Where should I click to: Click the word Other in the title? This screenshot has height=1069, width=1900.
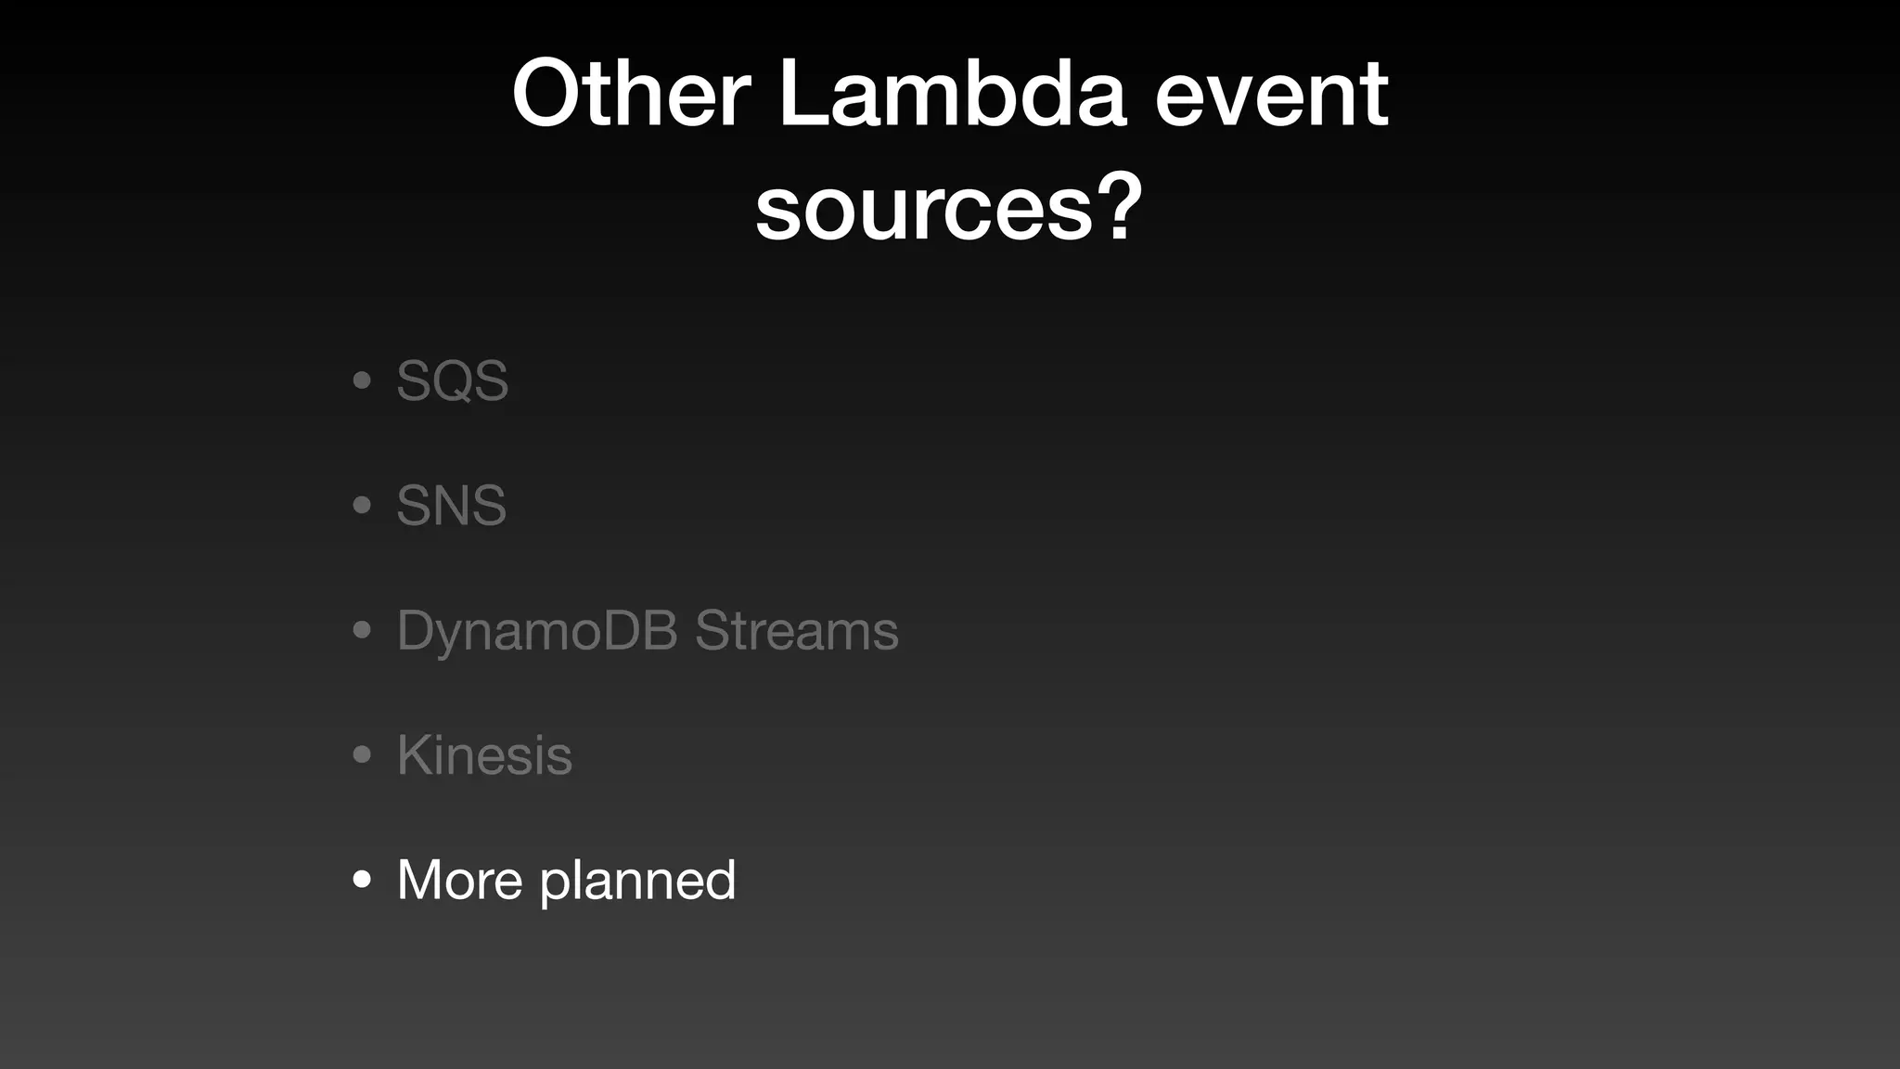pyautogui.click(x=631, y=94)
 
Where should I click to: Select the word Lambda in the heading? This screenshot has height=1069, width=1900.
pyautogui.click(x=952, y=94)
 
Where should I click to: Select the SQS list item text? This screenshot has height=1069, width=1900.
pyautogui.click(x=453, y=380)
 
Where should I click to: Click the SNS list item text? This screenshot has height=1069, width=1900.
pyautogui.click(x=452, y=506)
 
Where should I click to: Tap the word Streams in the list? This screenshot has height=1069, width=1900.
pyautogui.click(x=797, y=631)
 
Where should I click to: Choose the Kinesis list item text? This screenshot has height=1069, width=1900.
pyautogui.click(x=484, y=755)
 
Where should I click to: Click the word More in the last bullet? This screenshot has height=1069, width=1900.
pyautogui.click(x=460, y=880)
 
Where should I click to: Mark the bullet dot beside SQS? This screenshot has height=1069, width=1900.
pyautogui.click(x=363, y=380)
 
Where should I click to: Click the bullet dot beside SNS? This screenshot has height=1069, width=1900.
pyautogui.click(x=363, y=506)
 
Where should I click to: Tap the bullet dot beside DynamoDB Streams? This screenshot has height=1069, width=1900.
pyautogui.click(x=363, y=631)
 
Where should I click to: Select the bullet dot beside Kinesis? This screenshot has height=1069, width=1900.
pyautogui.click(x=363, y=755)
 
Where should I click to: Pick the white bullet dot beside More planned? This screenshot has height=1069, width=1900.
pyautogui.click(x=363, y=880)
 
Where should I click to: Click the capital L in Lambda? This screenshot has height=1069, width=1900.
pyautogui.click(x=801, y=94)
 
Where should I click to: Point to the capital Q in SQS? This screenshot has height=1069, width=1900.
pyautogui.click(x=453, y=380)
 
